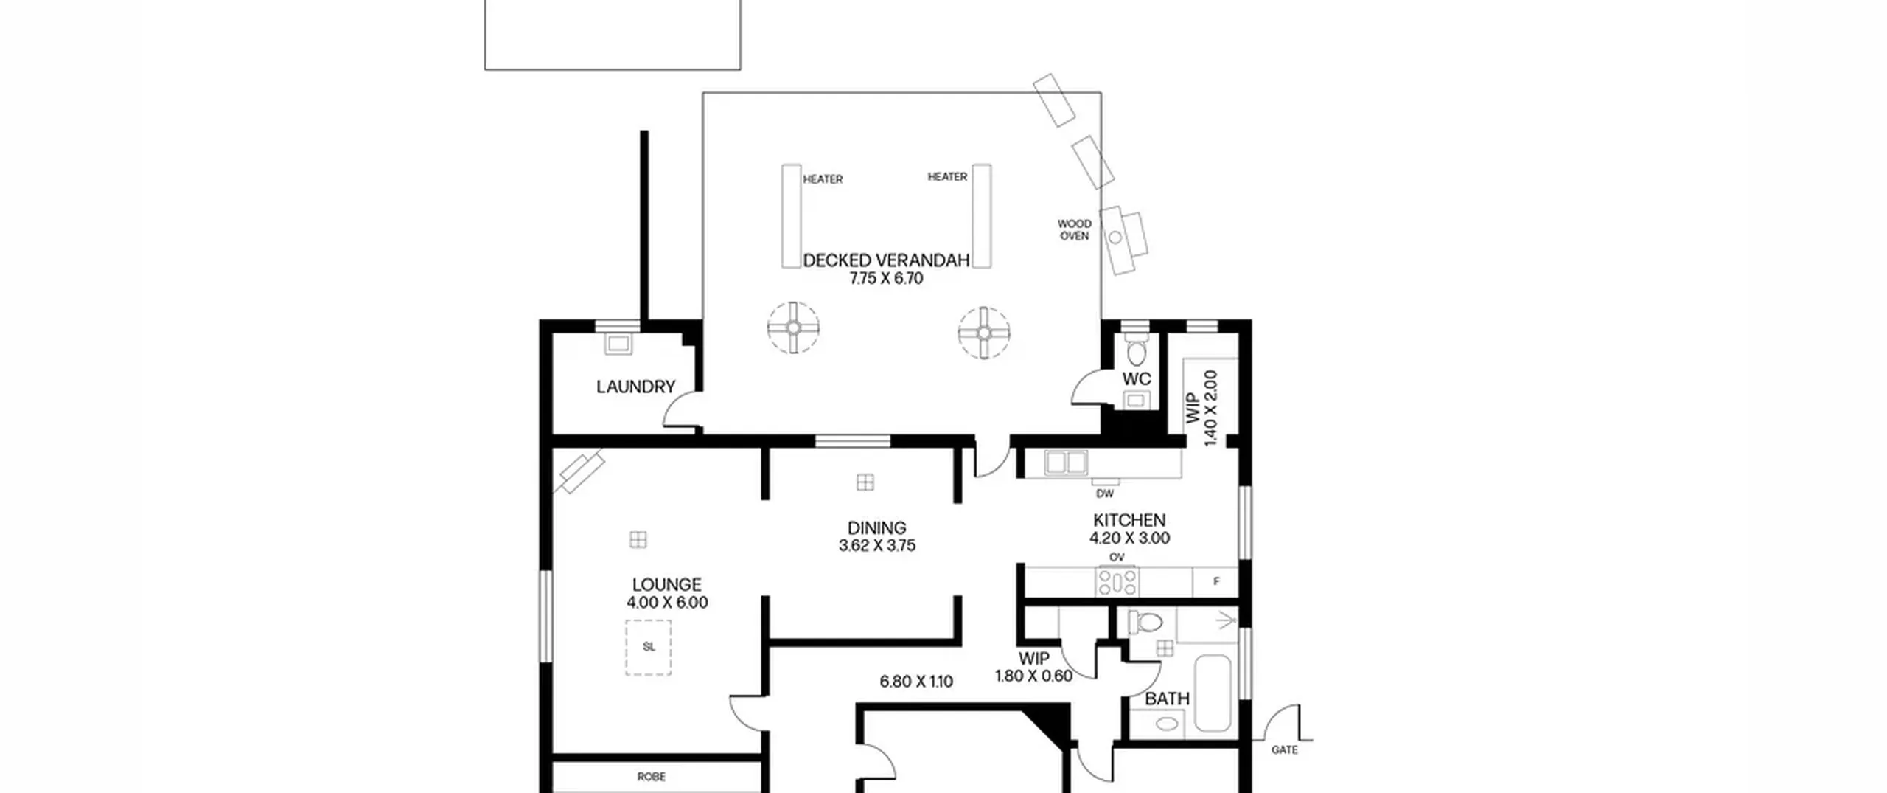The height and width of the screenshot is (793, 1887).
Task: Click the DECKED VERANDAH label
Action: (x=886, y=260)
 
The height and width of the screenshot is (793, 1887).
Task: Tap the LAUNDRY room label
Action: (x=635, y=387)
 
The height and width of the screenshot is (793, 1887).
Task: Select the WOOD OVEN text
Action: (x=1074, y=229)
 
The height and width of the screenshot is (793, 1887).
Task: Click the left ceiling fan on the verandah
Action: (x=793, y=328)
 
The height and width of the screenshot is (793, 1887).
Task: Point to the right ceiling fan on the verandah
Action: (x=984, y=333)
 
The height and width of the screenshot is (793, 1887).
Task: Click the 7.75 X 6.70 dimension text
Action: (x=886, y=279)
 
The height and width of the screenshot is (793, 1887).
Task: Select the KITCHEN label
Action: (x=1129, y=520)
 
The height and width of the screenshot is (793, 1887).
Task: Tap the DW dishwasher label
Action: (x=1105, y=494)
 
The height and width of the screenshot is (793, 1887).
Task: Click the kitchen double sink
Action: (x=1066, y=463)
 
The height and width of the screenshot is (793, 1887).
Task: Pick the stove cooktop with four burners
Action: (x=1117, y=581)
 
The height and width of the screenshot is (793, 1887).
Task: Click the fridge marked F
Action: (x=1215, y=581)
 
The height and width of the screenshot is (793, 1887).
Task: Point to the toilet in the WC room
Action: (x=1136, y=353)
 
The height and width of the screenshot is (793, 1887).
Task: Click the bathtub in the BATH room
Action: (x=1213, y=693)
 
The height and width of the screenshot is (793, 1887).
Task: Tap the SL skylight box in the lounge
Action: (x=649, y=648)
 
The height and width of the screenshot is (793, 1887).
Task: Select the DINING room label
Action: (x=876, y=528)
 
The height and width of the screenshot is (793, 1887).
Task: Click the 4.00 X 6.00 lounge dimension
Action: (x=667, y=603)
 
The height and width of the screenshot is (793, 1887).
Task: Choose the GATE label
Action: (x=1285, y=749)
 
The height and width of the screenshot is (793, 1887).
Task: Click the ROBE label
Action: (x=652, y=777)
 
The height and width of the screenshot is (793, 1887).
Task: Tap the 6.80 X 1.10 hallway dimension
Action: (x=916, y=682)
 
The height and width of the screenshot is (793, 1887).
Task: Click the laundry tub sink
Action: (x=618, y=344)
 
